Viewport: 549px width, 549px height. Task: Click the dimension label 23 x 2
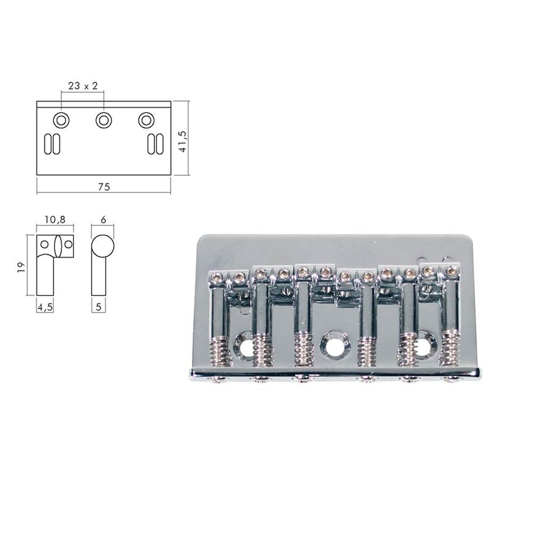(x=83, y=85)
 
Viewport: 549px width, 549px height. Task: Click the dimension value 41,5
(x=183, y=138)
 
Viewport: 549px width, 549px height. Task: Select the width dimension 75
(x=104, y=186)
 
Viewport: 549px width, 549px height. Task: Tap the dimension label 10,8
(x=55, y=220)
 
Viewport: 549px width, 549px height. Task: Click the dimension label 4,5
(x=45, y=307)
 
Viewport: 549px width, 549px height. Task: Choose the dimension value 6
(x=103, y=220)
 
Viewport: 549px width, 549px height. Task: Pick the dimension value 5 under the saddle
(x=99, y=307)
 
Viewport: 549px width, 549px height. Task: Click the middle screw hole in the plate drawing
(x=104, y=120)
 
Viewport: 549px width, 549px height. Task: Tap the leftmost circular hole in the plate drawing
(x=61, y=120)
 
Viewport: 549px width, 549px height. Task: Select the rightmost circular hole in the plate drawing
(x=146, y=120)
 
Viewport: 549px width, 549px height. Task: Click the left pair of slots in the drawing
(x=52, y=144)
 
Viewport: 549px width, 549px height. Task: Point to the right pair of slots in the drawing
(x=155, y=144)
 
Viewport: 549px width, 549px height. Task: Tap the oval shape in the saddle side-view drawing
(x=57, y=246)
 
